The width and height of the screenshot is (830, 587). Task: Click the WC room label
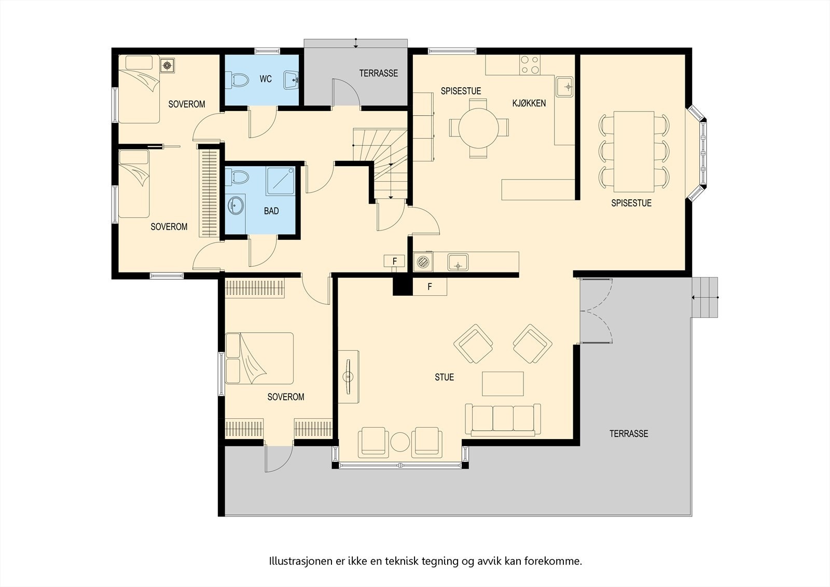(266, 79)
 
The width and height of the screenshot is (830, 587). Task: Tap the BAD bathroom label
(271, 211)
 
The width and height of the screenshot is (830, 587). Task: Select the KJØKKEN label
(529, 103)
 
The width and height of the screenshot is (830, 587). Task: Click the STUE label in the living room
(444, 377)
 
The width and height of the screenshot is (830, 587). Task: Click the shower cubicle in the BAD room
(281, 181)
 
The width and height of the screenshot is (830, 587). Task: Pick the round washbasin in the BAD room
(236, 205)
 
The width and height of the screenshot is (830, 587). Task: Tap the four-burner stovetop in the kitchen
(530, 65)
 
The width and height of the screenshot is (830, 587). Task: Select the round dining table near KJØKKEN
(479, 128)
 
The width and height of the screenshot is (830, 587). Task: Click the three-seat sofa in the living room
(503, 419)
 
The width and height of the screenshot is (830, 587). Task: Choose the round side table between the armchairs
(400, 442)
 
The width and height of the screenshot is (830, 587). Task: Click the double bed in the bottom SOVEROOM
(259, 358)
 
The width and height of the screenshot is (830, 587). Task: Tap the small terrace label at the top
(379, 73)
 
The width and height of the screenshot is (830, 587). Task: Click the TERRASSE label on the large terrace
(629, 433)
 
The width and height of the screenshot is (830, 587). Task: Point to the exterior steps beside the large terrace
(705, 297)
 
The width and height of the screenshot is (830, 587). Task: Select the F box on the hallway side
(394, 261)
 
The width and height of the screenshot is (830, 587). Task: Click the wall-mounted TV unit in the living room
(348, 377)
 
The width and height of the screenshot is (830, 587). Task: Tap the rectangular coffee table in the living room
(503, 384)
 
